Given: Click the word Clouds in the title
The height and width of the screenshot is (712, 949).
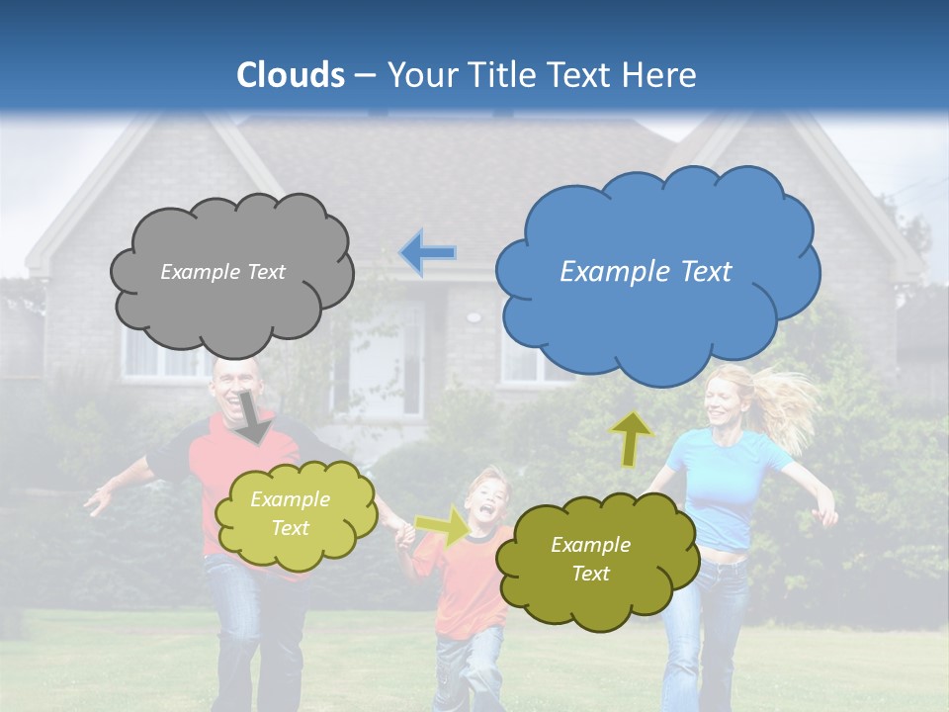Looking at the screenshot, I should (x=291, y=74).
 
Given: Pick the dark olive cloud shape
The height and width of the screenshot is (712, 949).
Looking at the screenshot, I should (x=593, y=593).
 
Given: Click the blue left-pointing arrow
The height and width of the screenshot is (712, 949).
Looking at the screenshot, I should (x=428, y=253).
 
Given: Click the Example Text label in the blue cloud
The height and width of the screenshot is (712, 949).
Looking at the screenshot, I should (x=646, y=271).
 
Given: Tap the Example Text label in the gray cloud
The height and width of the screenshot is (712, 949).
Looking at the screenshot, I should (x=222, y=272).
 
